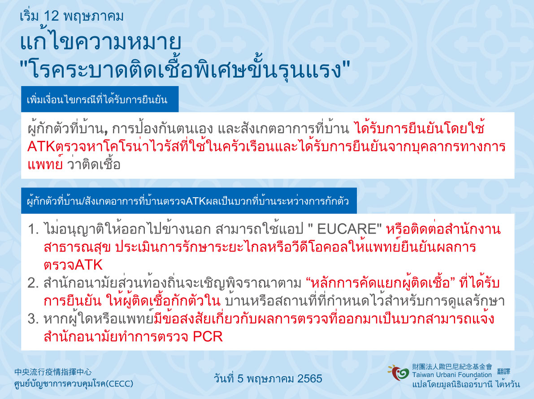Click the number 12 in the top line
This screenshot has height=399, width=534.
pos(52,16)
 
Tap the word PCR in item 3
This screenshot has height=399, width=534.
pos(208,337)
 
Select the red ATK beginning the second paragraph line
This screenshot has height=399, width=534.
pos(41,147)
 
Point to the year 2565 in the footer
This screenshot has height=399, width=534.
pos(309,378)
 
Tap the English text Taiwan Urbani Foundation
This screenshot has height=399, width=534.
pos(452,375)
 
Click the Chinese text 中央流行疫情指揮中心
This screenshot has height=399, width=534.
pos(53,372)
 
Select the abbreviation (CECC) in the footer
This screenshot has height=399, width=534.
pos(119,384)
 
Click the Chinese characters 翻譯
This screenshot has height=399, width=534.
pos(504,371)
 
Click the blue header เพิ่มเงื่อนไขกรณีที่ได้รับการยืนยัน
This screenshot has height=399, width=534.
pos(97,100)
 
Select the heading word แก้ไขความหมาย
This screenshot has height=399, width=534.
pos(100,42)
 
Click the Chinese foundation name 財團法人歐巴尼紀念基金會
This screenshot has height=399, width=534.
pos(452,367)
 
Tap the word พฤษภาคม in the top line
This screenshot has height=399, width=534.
pos(93,16)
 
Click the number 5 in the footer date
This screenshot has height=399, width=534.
pos(240,378)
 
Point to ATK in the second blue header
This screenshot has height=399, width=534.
pos(196,201)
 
